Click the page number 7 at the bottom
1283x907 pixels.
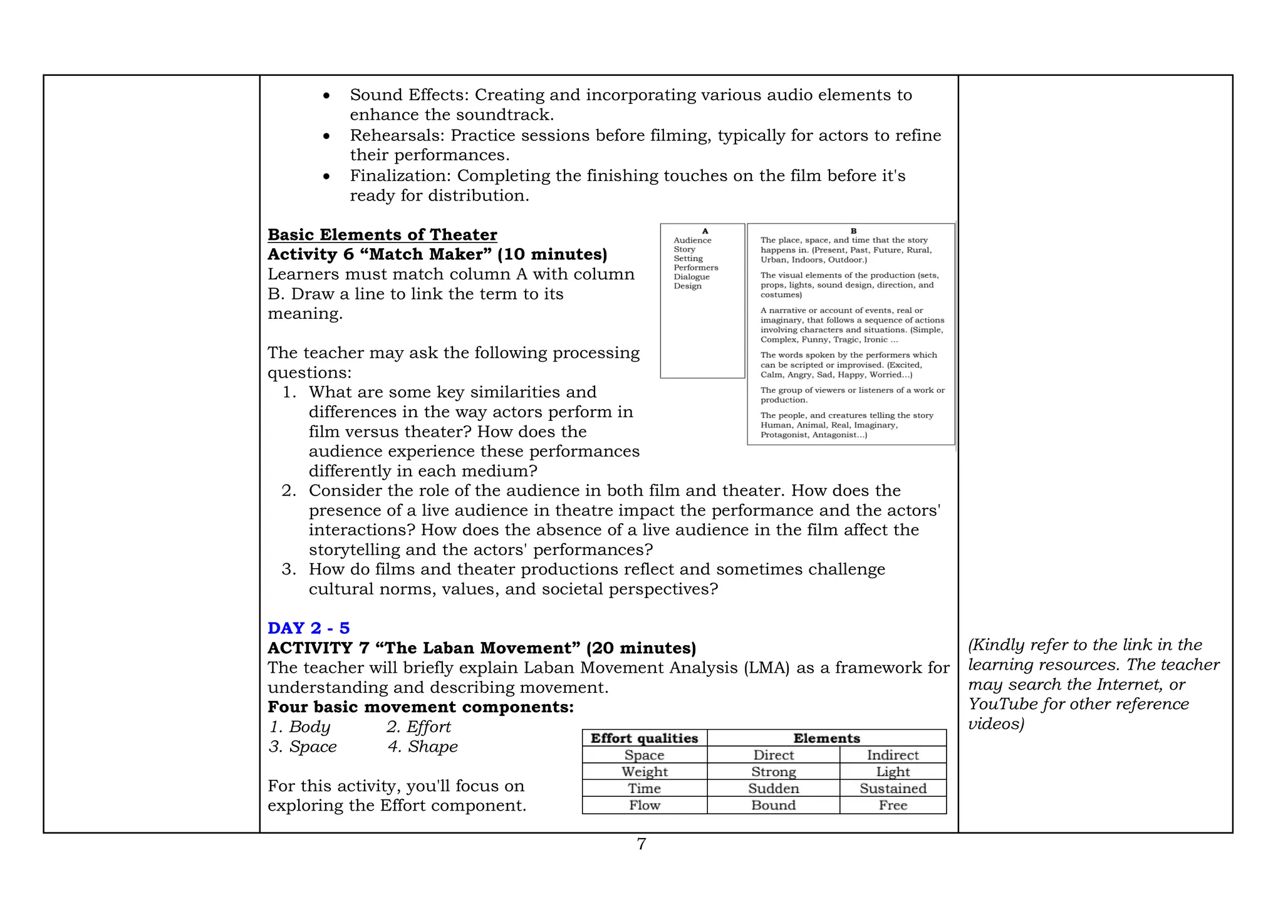tap(641, 844)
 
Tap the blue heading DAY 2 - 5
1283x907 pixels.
tap(308, 628)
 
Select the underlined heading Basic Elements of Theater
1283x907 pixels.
tap(382, 235)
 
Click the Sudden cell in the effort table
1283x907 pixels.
tap(773, 789)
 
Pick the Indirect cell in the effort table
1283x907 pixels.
tap(892, 755)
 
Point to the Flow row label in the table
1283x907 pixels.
tap(644, 806)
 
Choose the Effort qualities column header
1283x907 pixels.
tap(644, 739)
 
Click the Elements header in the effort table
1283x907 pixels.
tap(826, 739)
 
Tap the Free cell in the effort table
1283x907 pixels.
tap(892, 806)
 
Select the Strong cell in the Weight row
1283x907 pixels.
tap(773, 772)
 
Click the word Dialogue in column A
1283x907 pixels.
tap(692, 277)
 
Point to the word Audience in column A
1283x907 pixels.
tap(692, 241)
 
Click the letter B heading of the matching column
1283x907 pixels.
tap(853, 231)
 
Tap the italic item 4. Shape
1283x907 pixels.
tap(423, 747)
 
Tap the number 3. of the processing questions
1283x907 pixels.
tap(288, 569)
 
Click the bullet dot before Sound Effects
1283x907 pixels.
tap(326, 96)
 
